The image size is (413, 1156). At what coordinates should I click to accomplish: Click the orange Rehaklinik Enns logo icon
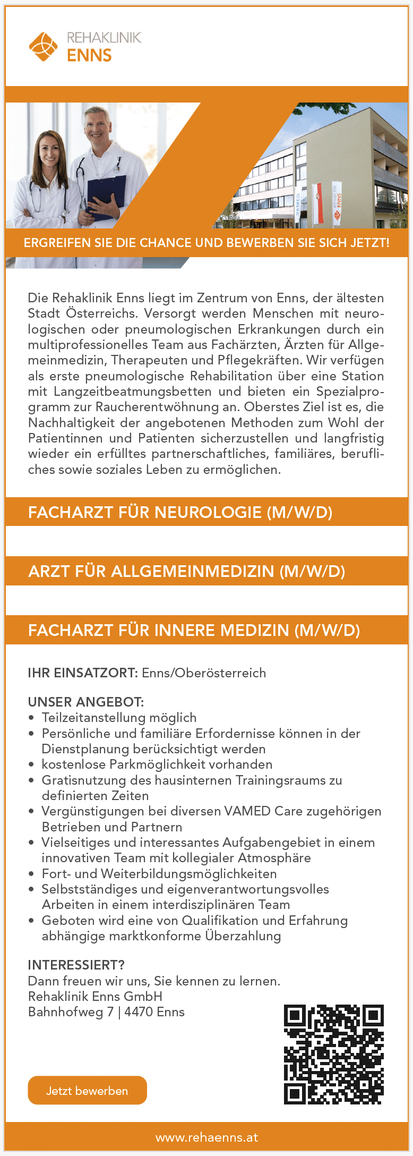coord(43,46)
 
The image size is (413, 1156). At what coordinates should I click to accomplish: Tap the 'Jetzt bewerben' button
coord(87,1090)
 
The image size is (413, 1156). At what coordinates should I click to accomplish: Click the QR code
coord(333,1054)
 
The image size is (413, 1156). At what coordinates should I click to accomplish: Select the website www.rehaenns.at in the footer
coord(206,1137)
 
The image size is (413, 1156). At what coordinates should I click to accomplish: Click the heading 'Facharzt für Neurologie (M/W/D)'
coord(180,512)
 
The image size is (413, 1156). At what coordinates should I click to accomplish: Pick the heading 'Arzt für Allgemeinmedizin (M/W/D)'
coord(186,571)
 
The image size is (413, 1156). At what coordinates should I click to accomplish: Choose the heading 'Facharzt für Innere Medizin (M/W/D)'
coord(194,630)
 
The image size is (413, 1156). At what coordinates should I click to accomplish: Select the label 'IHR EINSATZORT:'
coord(83,673)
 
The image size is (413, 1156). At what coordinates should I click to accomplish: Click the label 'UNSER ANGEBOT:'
coord(85,702)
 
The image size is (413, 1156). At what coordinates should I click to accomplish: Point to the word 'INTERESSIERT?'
coord(76,965)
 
